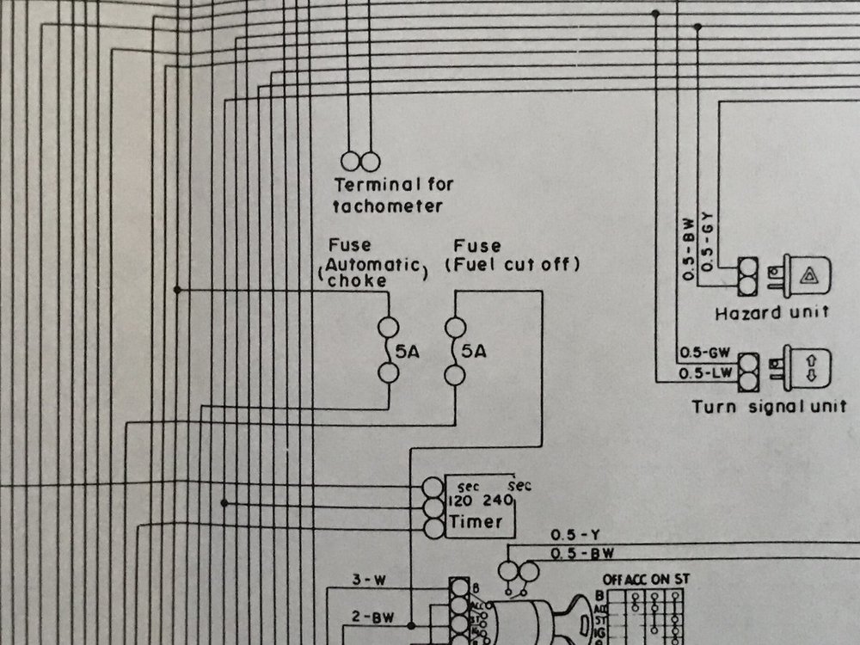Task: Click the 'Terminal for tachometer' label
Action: tap(393, 194)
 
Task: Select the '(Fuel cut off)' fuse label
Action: tap(513, 265)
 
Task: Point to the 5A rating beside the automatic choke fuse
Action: tap(407, 351)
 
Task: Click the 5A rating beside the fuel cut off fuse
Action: tap(474, 351)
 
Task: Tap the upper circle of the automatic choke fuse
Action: tap(388, 327)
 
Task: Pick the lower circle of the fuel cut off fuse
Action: tap(455, 373)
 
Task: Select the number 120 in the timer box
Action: tap(461, 501)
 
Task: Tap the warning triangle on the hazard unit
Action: tap(810, 274)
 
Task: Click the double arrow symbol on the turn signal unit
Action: tap(810, 368)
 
